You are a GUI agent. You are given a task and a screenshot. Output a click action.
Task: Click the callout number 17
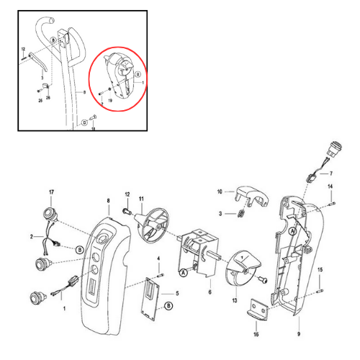pos(51,192)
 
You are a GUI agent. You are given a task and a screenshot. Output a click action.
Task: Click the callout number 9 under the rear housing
pos(299,335)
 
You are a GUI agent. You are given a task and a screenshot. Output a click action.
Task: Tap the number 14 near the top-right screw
pos(330,187)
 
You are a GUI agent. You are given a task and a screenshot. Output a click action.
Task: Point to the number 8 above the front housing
pos(108,200)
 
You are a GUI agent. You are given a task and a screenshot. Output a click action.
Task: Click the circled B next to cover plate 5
pos(168,307)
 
